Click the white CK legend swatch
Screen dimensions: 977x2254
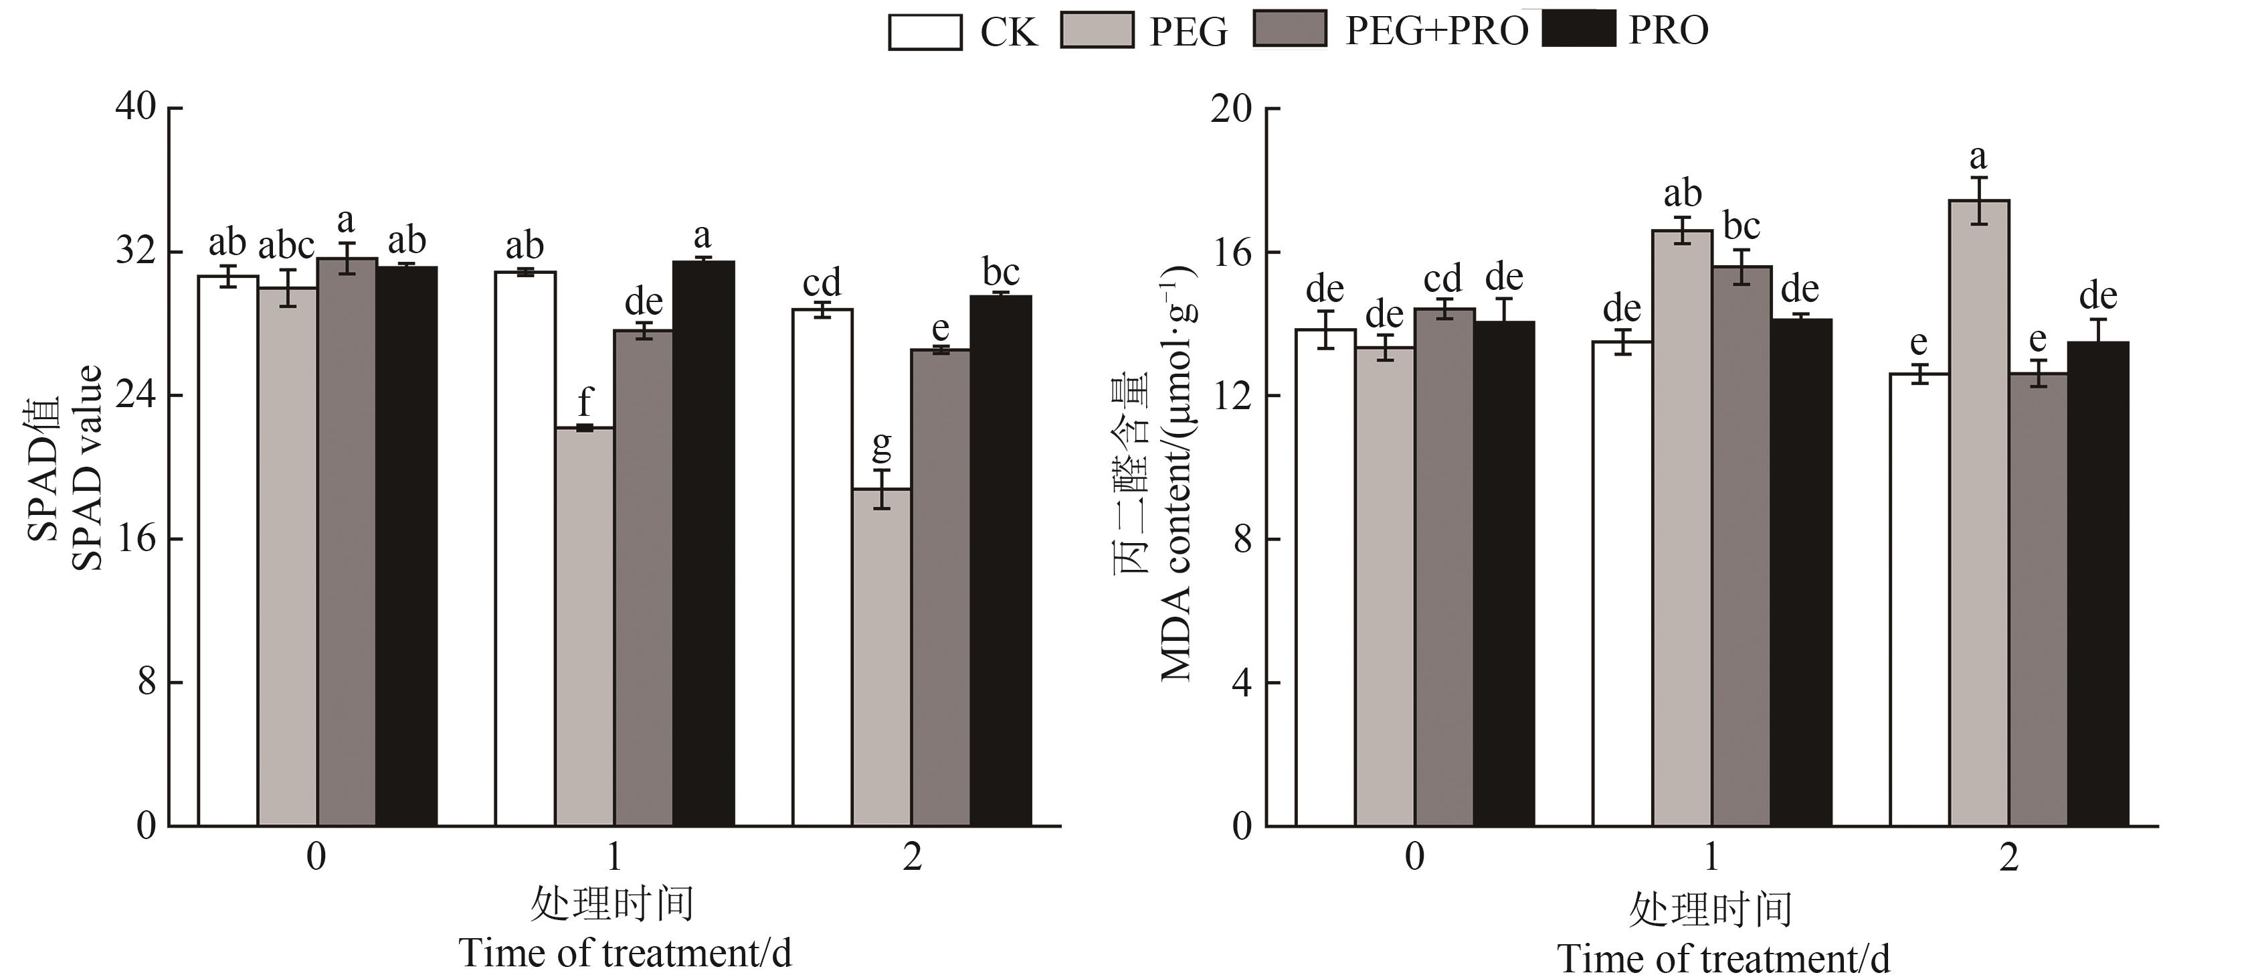(924, 32)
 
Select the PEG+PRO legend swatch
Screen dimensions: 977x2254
(1290, 29)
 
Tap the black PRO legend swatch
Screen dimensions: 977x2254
(1578, 29)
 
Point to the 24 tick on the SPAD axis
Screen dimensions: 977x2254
(136, 395)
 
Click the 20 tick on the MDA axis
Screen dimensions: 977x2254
(1231, 108)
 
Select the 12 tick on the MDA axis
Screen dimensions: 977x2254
(1231, 396)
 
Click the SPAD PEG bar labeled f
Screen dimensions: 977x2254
(585, 626)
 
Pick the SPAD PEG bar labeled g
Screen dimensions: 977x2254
(882, 657)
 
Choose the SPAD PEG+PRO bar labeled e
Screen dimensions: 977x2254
(941, 587)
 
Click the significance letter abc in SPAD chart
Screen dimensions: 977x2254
(286, 245)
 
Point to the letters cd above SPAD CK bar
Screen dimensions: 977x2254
(822, 283)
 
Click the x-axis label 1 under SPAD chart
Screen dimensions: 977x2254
(614, 857)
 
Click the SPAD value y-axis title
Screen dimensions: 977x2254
(66, 468)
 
